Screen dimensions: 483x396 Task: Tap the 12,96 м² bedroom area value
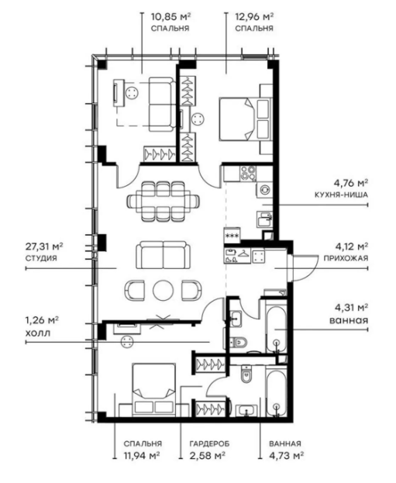[253, 15]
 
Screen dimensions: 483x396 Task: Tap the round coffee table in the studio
[164, 289]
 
